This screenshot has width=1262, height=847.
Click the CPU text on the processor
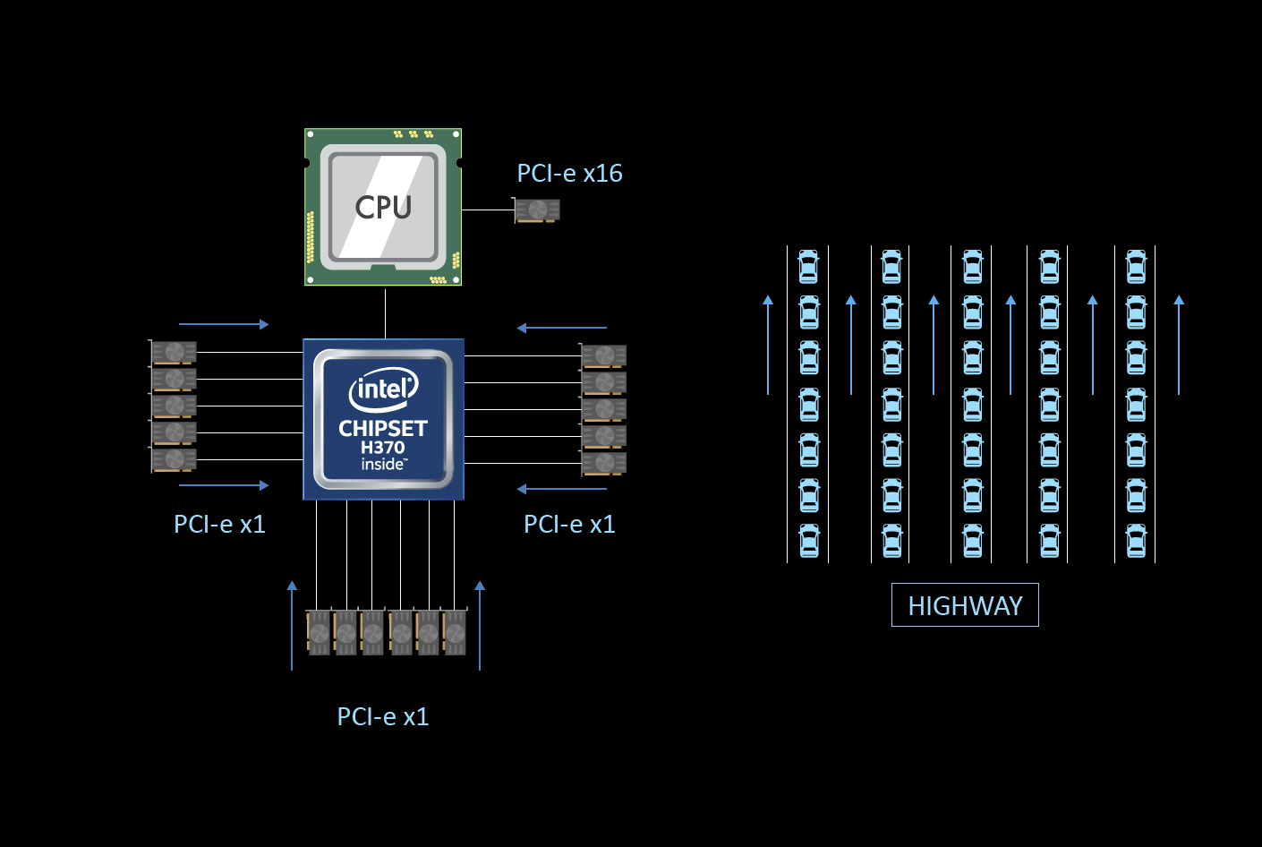[x=383, y=207]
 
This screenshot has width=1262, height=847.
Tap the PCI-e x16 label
[x=569, y=173]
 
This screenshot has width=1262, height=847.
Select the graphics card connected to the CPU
[x=537, y=210]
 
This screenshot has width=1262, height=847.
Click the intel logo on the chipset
[x=383, y=389]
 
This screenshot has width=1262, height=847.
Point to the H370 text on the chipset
[x=383, y=447]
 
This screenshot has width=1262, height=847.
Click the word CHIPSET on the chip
[x=383, y=428]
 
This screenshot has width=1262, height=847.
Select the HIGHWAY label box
[x=965, y=605]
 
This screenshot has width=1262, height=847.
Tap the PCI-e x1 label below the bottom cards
[x=383, y=716]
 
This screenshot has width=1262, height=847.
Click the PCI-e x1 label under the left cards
[x=219, y=524]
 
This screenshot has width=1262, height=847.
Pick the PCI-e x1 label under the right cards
[x=569, y=524]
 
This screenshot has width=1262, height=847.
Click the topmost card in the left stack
[x=174, y=353]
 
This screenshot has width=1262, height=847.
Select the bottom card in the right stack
[x=604, y=464]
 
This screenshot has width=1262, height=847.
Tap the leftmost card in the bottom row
[x=319, y=632]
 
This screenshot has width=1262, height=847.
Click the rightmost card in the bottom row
[x=455, y=632]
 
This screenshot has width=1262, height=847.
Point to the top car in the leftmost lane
[x=809, y=266]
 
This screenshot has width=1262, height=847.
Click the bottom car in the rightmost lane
[x=1136, y=541]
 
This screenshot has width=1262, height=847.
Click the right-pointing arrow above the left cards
[x=224, y=324]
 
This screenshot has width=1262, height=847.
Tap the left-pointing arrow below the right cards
[x=562, y=489]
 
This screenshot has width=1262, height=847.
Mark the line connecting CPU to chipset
[x=385, y=312]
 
